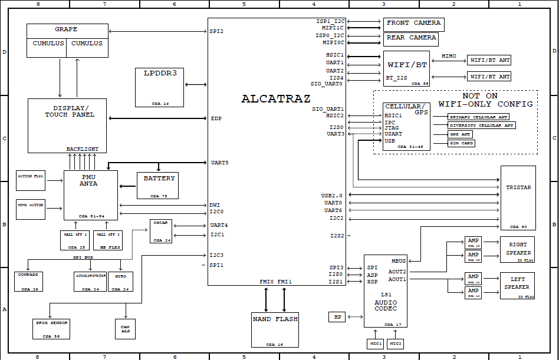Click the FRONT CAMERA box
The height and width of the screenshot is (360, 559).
(x=413, y=24)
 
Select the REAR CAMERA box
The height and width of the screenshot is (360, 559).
(x=411, y=39)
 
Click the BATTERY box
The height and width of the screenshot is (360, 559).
(x=157, y=185)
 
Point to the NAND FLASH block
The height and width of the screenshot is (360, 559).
(x=275, y=329)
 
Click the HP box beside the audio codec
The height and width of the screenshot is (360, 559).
(x=337, y=317)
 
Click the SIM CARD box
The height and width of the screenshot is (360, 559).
(x=462, y=143)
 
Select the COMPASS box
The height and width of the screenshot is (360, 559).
(x=29, y=281)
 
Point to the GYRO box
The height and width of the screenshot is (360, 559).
(x=121, y=281)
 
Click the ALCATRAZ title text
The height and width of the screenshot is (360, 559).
(x=275, y=99)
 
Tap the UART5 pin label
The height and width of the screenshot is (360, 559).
(x=219, y=163)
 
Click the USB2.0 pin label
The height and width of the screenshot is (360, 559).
(x=331, y=195)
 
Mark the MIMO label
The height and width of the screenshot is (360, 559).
(x=449, y=56)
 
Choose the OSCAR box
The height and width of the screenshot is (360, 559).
(x=161, y=231)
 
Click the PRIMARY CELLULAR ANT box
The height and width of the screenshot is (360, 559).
(x=479, y=117)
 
